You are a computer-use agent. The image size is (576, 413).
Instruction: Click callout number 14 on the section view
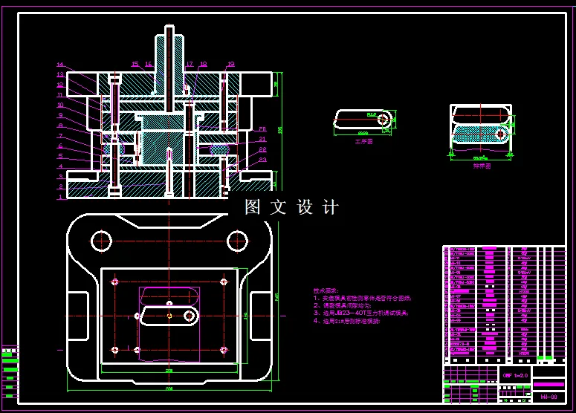60,65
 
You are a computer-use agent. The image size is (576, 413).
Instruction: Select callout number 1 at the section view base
60,197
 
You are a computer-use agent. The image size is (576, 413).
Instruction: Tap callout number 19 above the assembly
231,65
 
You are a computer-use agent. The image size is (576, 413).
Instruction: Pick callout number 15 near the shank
135,65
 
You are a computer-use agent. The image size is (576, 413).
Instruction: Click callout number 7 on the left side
60,136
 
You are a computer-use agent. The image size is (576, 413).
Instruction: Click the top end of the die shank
169,29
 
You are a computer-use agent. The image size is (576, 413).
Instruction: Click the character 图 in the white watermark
253,207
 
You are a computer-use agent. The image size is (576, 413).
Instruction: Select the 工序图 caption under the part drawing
363,140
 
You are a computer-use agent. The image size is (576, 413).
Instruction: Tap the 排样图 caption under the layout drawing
481,166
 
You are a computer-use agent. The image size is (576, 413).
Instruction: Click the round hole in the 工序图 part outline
383,119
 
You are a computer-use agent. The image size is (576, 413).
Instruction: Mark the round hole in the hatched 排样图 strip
502,134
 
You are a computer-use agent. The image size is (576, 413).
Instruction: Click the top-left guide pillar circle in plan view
101,239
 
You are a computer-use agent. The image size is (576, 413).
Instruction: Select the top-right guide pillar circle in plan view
237,239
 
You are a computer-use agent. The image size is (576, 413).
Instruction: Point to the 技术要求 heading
326,290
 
